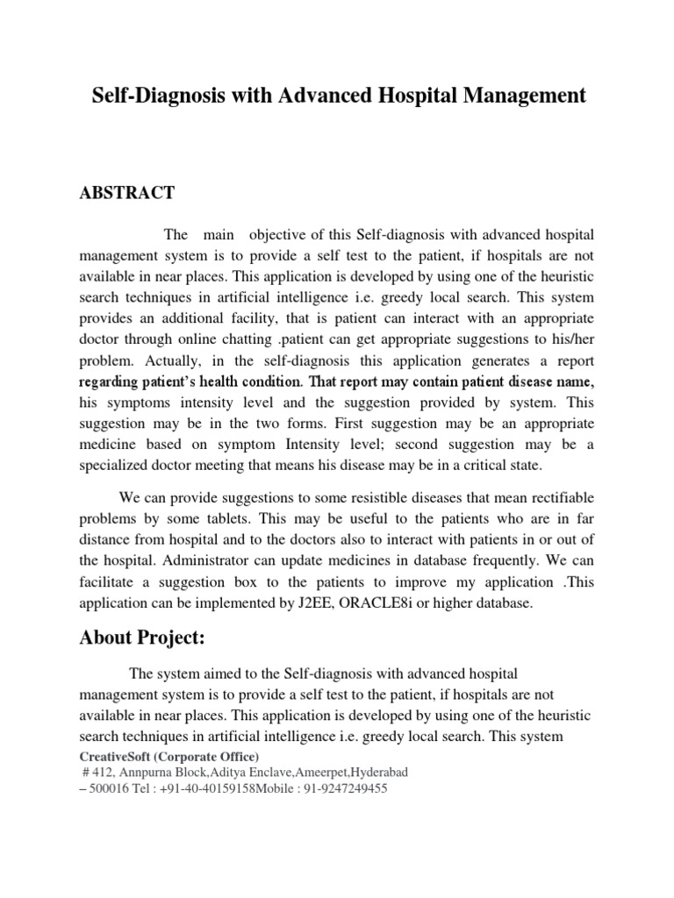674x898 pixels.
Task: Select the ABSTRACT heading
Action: pyautogui.click(x=127, y=194)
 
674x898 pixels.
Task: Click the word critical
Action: pyautogui.click(x=503, y=467)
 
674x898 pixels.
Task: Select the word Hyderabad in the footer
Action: pyautogui.click(x=369, y=773)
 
